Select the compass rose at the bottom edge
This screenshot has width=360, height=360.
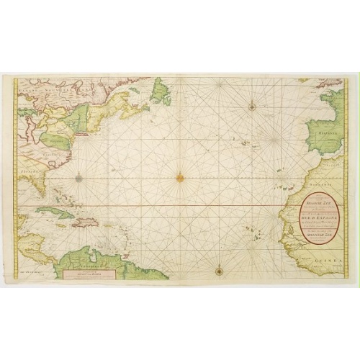[x=218, y=270]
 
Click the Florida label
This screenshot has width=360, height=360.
[x=26, y=173]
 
